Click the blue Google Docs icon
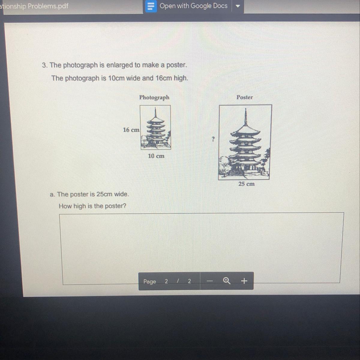point(151,6)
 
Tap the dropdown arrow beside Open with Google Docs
point(238,6)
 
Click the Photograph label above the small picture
point(154,97)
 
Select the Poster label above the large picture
point(244,97)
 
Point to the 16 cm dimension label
point(131,130)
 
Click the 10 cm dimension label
point(156,156)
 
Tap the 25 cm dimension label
point(246,184)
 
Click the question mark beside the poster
point(213,139)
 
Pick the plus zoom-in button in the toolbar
point(244,280)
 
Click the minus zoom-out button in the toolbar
point(210,281)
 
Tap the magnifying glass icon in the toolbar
point(226,280)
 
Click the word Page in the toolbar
point(150,281)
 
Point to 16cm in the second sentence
point(164,78)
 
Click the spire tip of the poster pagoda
point(245,108)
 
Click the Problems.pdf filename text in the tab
point(48,6)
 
